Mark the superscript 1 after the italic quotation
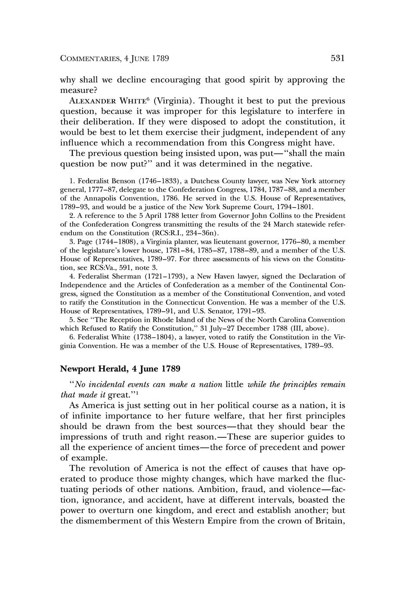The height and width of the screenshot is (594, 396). tap(135, 391)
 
